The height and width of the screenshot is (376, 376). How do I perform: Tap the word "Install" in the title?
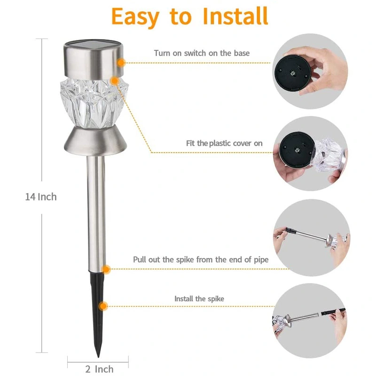coord(235,16)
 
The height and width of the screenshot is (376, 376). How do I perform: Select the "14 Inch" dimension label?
coord(41,197)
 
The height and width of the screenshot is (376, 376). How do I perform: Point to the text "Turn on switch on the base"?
coord(202,53)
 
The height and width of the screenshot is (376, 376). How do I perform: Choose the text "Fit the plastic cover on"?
coord(223,143)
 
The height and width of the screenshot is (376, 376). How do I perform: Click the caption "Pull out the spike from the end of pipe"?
coord(201,259)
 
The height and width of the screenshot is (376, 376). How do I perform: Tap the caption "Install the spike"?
coord(199,299)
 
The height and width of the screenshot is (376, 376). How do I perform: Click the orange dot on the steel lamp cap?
coord(121,63)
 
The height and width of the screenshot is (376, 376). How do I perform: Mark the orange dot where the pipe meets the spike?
coord(106,270)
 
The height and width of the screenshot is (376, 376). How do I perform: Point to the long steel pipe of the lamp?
coord(96,211)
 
